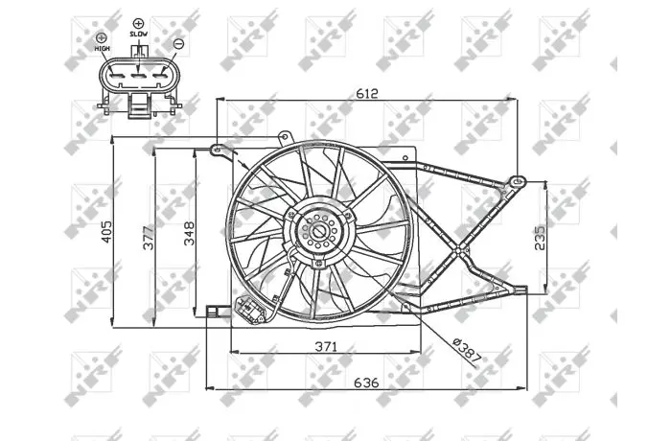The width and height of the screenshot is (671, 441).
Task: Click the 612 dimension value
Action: (367, 93)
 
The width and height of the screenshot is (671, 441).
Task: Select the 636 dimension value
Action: (366, 383)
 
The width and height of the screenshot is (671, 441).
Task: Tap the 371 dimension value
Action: (326, 346)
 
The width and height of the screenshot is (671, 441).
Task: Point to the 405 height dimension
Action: (106, 232)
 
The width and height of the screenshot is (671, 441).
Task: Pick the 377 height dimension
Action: (148, 238)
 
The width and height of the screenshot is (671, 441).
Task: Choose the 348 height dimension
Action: (189, 234)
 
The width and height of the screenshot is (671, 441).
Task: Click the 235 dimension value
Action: (540, 238)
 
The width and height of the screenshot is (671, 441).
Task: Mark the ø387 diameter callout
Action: (467, 350)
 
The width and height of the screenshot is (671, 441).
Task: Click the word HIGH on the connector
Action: (103, 48)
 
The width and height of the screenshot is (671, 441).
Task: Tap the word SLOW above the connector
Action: (139, 34)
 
